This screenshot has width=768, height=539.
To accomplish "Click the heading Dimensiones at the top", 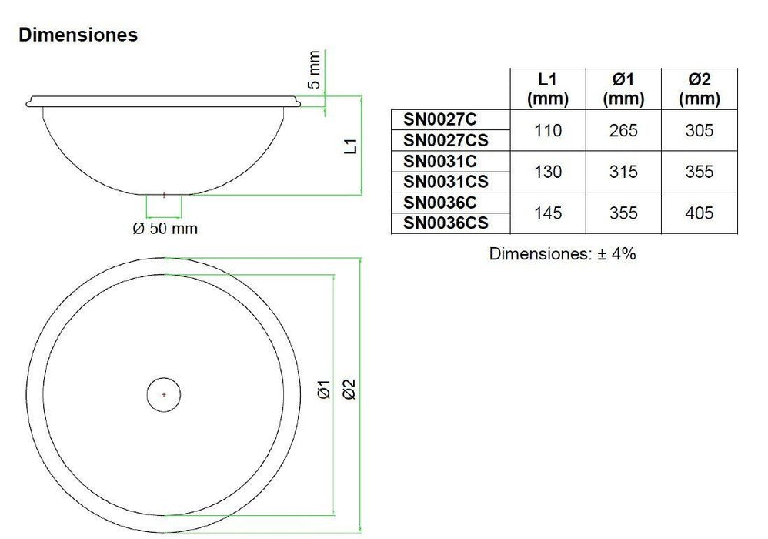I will click(78, 35).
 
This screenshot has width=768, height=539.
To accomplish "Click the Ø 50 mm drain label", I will click(164, 229).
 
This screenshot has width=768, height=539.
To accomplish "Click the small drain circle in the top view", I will click(164, 394).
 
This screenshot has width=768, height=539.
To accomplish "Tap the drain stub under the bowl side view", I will click(164, 206).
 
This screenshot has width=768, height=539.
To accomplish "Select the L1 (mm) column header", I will click(548, 89).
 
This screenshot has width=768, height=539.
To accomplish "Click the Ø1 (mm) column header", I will click(623, 89).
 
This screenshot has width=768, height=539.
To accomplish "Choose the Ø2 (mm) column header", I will click(700, 89).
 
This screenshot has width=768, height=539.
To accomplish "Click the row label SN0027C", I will click(440, 120).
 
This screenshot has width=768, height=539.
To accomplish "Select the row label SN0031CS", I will click(446, 182).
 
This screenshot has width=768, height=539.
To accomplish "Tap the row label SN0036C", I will click(440, 203).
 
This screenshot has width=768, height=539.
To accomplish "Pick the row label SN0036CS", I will click(446, 223).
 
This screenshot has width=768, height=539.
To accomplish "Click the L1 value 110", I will click(548, 131).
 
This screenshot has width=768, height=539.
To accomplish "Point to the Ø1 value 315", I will click(623, 172).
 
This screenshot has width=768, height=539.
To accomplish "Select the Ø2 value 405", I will click(700, 213).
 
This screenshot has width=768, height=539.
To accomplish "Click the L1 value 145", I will click(548, 213).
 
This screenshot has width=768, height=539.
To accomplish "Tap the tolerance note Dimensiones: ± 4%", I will click(563, 254).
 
